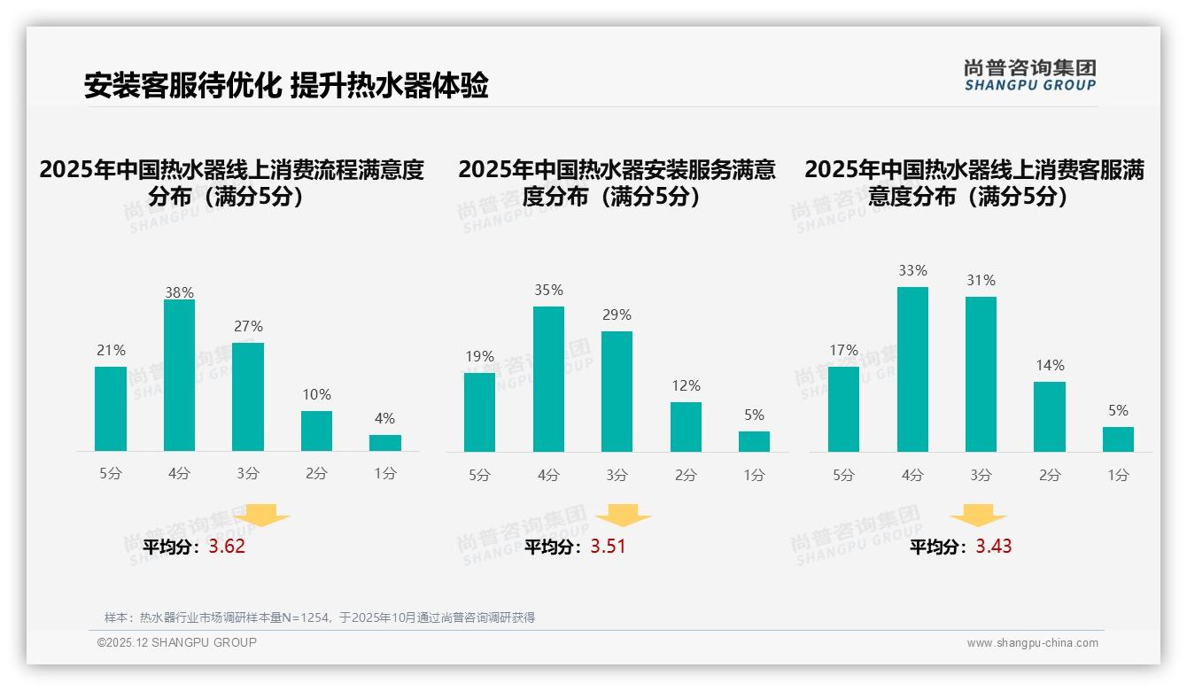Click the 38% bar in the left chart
click(x=179, y=376)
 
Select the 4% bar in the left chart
click(x=384, y=442)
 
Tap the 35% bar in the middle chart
click(x=548, y=379)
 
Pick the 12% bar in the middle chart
click(x=686, y=427)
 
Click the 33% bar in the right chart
click(x=912, y=369)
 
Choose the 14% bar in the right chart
click(x=1050, y=416)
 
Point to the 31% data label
click(x=981, y=280)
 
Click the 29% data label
click(x=617, y=314)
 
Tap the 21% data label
click(x=111, y=351)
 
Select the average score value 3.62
click(x=227, y=547)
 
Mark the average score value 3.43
click(x=994, y=547)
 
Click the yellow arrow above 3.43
click(x=978, y=516)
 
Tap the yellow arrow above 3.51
click(x=623, y=516)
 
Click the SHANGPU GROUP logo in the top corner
click(x=1029, y=74)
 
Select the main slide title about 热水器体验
click(x=286, y=86)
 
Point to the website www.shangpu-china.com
click(x=1032, y=643)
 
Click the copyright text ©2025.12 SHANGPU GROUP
click(x=177, y=642)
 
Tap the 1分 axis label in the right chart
click(x=1118, y=475)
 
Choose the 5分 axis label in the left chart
click(x=111, y=474)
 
